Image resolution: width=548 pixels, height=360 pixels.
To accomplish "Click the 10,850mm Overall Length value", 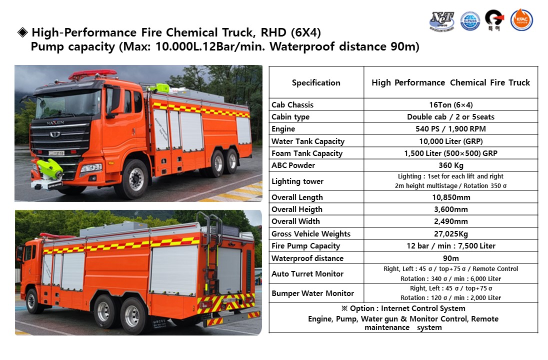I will [450, 197].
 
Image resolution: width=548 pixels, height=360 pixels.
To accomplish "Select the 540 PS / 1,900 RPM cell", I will [450, 129].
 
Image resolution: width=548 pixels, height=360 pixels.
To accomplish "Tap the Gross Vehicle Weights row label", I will [311, 234].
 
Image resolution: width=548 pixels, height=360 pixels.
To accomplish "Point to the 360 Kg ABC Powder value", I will [450, 165].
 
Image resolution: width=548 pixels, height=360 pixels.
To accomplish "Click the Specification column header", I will [316, 82].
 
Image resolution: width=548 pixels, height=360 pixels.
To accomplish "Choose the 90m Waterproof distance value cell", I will [450, 258].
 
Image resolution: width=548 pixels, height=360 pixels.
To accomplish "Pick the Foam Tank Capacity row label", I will [307, 153].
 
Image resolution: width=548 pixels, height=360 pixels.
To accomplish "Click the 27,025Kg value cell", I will [450, 234].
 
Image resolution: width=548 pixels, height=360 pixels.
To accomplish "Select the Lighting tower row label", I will [297, 181].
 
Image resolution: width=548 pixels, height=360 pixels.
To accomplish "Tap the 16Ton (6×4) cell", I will [450, 105].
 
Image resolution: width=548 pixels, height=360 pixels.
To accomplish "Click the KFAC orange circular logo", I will [521, 20].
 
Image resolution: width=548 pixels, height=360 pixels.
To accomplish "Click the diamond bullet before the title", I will [22, 33].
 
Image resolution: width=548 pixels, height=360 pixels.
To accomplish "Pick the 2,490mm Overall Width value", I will [450, 221].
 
